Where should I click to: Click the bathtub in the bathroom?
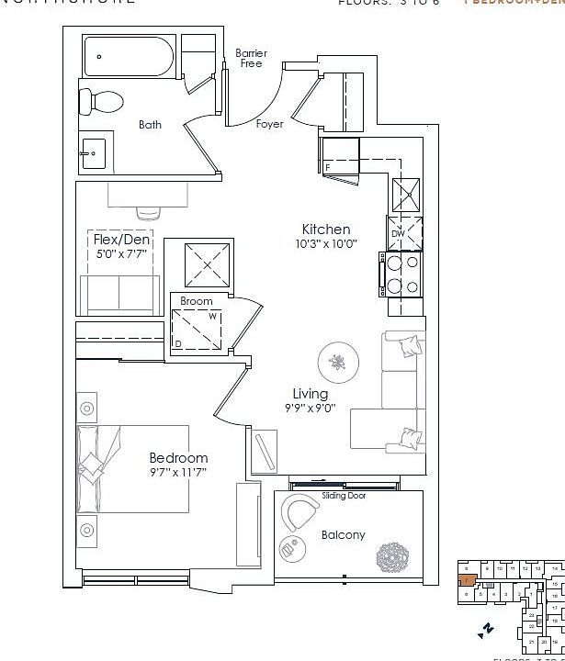tap(130, 57)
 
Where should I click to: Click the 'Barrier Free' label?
tap(251, 58)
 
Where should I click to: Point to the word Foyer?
tap(270, 124)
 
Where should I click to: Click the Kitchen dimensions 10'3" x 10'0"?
tap(326, 244)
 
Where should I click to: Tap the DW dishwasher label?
tap(398, 234)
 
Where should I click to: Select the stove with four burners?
tap(401, 274)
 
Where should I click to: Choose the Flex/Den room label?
tap(122, 241)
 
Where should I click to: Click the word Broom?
tap(196, 301)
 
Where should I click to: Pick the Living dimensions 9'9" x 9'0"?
tap(310, 409)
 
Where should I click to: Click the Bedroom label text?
tap(178, 457)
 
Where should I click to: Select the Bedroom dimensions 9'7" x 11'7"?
tap(178, 472)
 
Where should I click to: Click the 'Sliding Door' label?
tap(345, 496)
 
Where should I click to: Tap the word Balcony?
tap(343, 534)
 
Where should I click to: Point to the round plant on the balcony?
tap(394, 556)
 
